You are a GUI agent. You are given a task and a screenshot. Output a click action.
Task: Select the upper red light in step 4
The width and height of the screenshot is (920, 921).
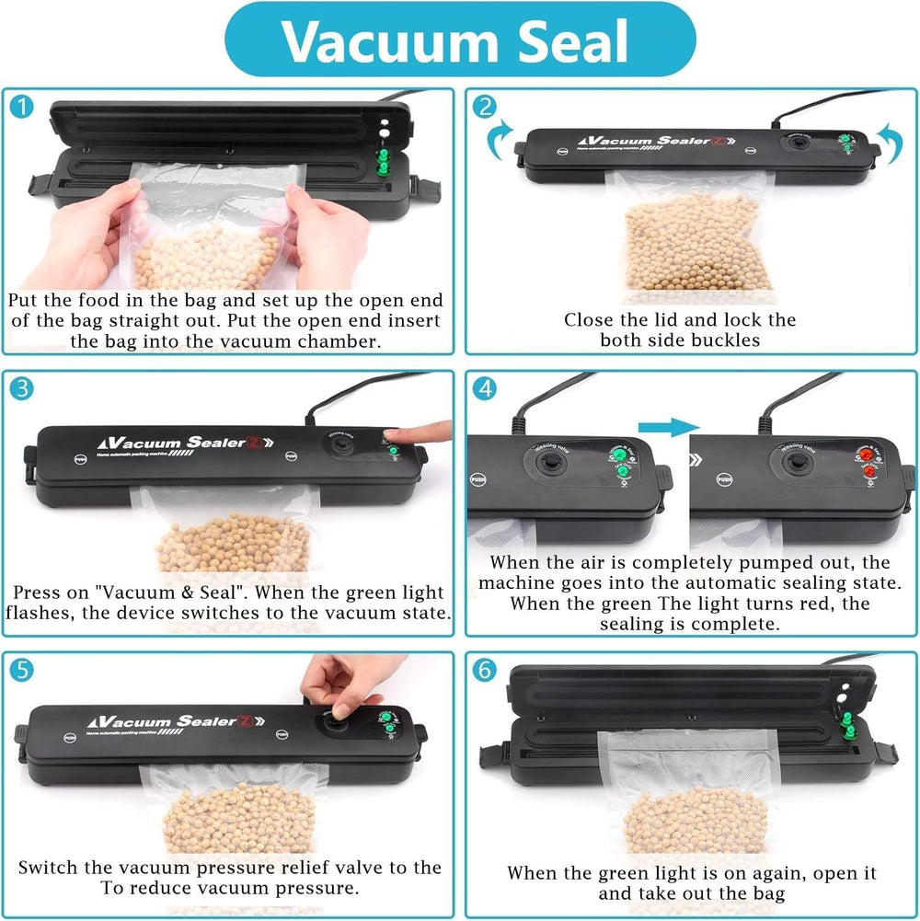[x=867, y=454]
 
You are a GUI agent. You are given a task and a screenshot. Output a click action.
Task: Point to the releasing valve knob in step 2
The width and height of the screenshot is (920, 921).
[x=792, y=144]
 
